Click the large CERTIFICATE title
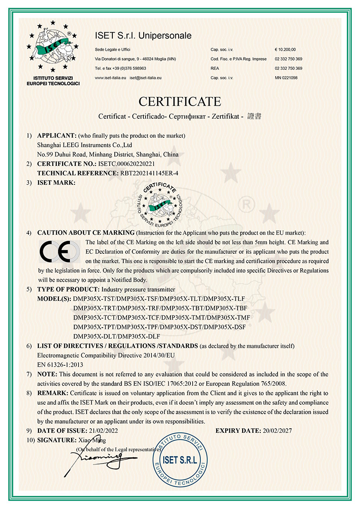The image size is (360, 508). pos(180,101)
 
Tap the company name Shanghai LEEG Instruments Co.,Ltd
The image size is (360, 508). pos(84,145)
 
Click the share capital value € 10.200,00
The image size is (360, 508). pos(285,49)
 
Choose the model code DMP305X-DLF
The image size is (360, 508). pos(137,336)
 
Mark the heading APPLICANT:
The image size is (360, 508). pos(56,135)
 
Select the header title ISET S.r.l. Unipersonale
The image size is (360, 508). pos(143,35)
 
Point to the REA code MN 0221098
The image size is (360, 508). pos(286,78)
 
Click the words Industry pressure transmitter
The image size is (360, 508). pos(138,289)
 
